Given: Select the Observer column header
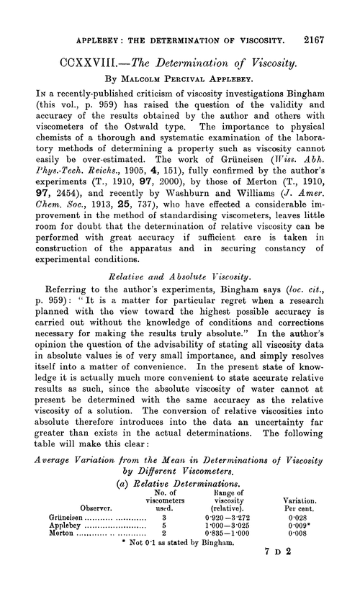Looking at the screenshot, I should (x=65, y=527).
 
